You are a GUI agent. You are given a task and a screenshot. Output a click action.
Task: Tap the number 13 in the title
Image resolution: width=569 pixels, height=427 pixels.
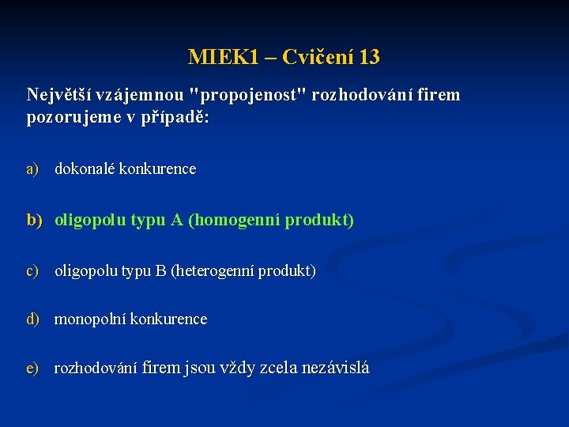pyautogui.click(x=368, y=58)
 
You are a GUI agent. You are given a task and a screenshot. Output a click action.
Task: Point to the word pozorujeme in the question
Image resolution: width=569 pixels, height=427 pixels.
pyautogui.click(x=70, y=117)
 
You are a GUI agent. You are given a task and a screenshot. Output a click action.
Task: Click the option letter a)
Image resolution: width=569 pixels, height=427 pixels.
pyautogui.click(x=32, y=168)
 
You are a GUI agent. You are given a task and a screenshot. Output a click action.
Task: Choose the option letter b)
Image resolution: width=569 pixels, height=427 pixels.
pyautogui.click(x=33, y=220)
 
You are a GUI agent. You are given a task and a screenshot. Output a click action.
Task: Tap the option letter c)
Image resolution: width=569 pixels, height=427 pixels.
pyautogui.click(x=32, y=270)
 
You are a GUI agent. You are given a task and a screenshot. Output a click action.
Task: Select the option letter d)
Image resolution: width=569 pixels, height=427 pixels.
pyautogui.click(x=32, y=319)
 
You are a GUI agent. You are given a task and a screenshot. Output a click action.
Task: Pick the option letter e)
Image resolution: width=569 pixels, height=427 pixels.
pyautogui.click(x=32, y=368)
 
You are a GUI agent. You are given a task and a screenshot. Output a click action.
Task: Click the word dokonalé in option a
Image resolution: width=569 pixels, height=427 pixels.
pyautogui.click(x=85, y=168)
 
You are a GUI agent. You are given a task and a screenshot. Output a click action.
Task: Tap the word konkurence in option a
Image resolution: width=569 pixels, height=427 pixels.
pyautogui.click(x=157, y=168)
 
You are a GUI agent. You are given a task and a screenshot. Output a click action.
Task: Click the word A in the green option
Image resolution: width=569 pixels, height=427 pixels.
pyautogui.click(x=176, y=220)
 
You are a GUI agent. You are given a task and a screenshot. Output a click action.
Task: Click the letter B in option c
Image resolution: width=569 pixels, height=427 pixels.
pyautogui.click(x=160, y=270)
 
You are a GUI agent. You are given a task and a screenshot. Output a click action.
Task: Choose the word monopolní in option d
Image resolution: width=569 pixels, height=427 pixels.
pyautogui.click(x=89, y=319)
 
